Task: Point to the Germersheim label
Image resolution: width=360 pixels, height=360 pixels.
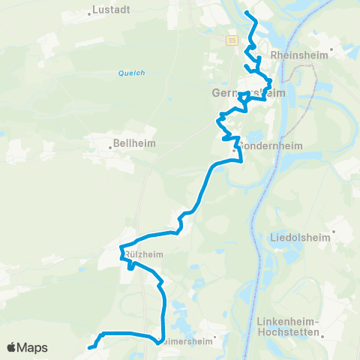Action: click(241, 93)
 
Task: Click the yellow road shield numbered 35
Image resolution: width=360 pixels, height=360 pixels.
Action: click(232, 40)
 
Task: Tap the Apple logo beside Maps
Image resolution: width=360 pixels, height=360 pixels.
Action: click(12, 347)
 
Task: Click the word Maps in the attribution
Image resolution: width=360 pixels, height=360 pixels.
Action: click(33, 347)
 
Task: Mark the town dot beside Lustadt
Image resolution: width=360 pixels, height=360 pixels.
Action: click(89, 12)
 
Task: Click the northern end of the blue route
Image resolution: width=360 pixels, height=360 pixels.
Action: click(247, 14)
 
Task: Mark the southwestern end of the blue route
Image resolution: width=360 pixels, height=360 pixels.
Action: click(90, 347)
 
